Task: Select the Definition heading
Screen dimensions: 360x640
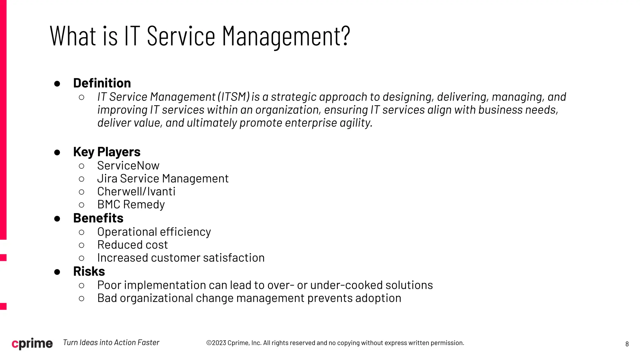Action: coord(102,83)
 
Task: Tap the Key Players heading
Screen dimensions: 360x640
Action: coord(107,152)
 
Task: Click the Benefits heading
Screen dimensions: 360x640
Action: coord(98,218)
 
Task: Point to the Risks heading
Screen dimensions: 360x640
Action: coord(89,271)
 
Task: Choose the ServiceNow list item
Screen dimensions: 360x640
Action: coord(128,166)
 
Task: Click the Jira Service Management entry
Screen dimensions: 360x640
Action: coord(163,178)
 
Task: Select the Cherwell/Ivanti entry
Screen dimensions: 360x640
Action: coord(136,192)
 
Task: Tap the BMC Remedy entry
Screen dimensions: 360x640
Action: coord(131,204)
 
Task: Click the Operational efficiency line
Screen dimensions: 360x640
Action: coord(154,232)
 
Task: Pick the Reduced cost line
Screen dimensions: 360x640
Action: coord(132,245)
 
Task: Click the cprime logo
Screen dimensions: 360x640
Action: coord(32,343)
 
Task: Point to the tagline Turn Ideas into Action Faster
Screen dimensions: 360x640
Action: coord(111,342)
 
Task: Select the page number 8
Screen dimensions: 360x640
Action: coord(627,344)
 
